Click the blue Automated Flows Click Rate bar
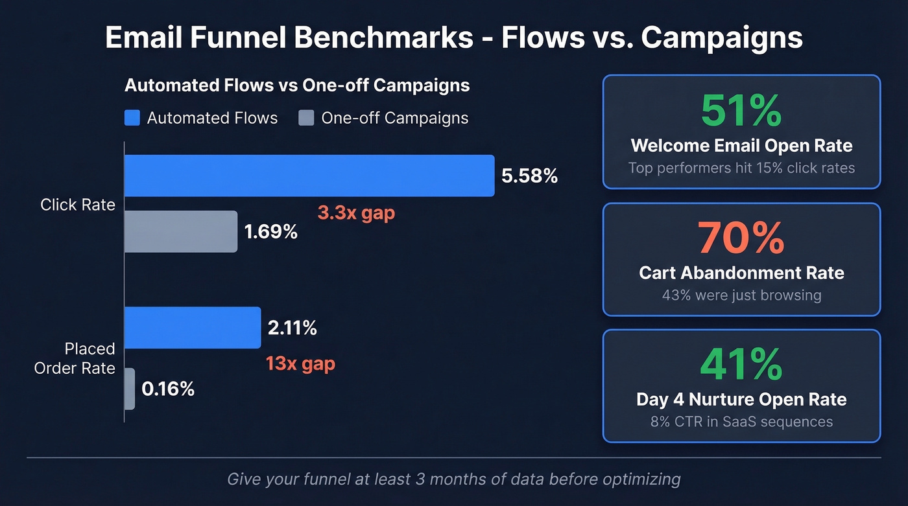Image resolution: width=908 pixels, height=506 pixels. (309, 176)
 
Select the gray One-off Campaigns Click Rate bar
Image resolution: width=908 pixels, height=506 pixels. (180, 231)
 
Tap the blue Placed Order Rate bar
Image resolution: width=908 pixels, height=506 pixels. (192, 328)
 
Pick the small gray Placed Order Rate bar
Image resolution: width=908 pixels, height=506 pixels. (129, 389)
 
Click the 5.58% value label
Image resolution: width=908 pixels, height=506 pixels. (530, 176)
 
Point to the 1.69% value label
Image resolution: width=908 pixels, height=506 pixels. (270, 231)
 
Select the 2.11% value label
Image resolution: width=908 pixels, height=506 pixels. (292, 328)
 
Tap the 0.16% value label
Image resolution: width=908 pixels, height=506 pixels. (168, 389)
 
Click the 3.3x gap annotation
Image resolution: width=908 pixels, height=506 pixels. (355, 213)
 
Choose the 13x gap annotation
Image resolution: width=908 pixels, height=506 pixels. (300, 363)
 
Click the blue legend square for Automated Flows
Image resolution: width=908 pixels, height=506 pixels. (132, 118)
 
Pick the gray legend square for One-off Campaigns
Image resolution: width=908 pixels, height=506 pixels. (306, 118)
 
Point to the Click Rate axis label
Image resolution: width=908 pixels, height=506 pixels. (78, 205)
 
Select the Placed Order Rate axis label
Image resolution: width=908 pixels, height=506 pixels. (75, 358)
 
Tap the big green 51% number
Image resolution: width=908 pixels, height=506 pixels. (741, 111)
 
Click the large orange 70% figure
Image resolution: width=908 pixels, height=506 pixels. (741, 238)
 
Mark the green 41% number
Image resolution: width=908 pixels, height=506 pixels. (741, 364)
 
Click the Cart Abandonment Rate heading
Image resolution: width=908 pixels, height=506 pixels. (741, 272)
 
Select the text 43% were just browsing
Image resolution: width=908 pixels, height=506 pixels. (741, 295)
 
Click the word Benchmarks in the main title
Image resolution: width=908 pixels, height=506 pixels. (383, 38)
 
